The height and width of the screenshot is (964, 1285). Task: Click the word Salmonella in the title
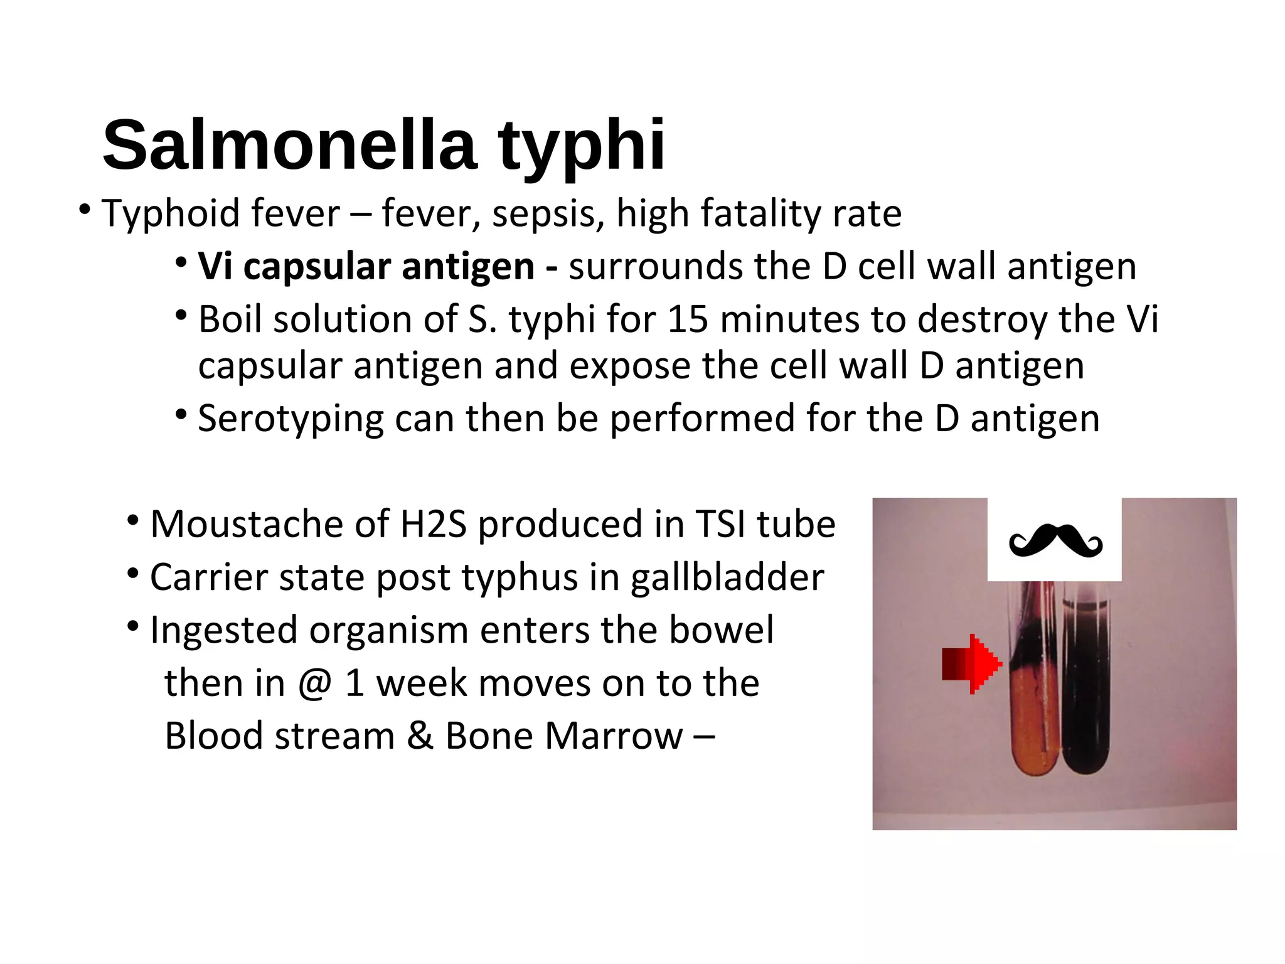[289, 146]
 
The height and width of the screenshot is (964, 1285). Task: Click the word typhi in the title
[581, 146]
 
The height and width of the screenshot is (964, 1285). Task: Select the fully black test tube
[1086, 690]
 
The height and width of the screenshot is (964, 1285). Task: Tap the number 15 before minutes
[688, 319]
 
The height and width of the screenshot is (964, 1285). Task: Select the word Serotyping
[291, 419]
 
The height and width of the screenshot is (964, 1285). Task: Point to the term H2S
[434, 524]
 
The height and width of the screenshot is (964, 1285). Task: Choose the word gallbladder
[727, 577]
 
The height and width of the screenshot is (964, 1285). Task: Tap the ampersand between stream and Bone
[420, 736]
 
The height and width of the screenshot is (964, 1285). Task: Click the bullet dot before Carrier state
[132, 573]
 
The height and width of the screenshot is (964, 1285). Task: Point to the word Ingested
[223, 631]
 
